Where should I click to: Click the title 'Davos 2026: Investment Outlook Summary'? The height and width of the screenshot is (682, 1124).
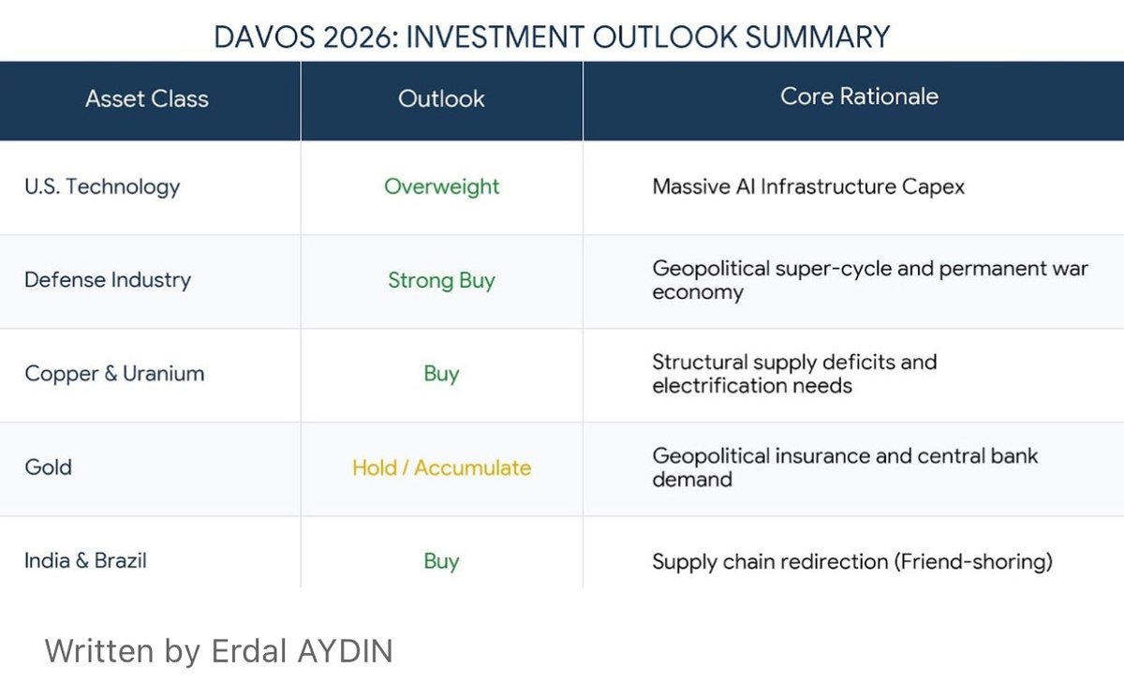tap(552, 37)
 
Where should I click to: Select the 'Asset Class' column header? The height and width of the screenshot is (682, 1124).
tap(147, 99)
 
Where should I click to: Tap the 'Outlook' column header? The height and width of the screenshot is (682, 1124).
tap(441, 99)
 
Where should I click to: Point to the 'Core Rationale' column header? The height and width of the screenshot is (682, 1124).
tap(859, 97)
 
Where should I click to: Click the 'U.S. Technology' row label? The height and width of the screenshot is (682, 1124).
tap(102, 186)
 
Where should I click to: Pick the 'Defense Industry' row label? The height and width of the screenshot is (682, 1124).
tap(108, 280)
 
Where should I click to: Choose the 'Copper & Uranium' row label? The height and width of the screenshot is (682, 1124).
tap(114, 374)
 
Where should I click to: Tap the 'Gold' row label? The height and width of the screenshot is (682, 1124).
tap(49, 467)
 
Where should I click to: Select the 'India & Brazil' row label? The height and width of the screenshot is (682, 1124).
tap(86, 561)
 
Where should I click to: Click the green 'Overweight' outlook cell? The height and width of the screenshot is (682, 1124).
tap(441, 186)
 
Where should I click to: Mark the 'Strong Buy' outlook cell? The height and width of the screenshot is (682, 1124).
tap(441, 280)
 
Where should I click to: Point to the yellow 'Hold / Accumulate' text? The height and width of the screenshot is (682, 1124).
tap(441, 467)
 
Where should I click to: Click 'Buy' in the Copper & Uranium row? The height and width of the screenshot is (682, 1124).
tap(441, 374)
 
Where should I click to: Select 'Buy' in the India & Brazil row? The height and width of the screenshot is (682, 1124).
tap(441, 561)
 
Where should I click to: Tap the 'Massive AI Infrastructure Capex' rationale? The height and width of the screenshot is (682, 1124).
tap(808, 186)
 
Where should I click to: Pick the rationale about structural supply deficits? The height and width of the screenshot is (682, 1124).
tap(794, 374)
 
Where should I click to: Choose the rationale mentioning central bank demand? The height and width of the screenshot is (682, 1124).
tap(845, 467)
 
